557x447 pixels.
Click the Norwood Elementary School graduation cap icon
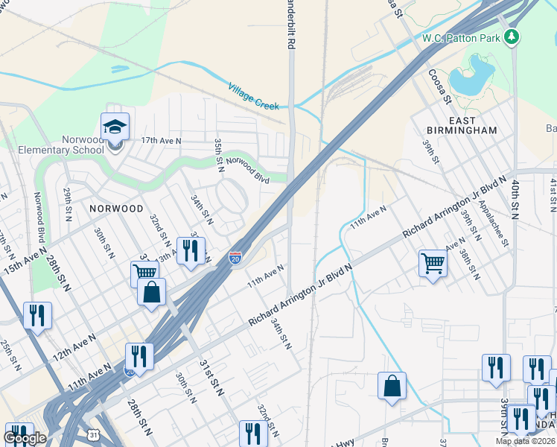[x=115, y=127]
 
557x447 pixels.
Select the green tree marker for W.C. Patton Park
[x=511, y=37]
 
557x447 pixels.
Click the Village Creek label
[x=253, y=97]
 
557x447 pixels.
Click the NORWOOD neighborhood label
[x=115, y=209]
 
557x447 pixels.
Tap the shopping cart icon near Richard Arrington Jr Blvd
[x=433, y=263]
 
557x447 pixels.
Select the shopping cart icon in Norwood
[x=144, y=273]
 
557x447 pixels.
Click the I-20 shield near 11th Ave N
[x=235, y=258]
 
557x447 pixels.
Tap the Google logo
[x=25, y=438]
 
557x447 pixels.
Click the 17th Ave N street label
[x=162, y=140]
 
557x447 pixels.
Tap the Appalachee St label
[x=494, y=222]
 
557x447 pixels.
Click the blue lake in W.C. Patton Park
[x=474, y=77]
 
